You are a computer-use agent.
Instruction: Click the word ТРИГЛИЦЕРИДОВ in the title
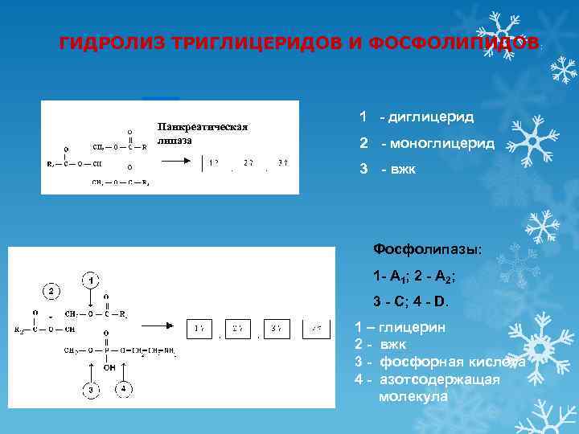255,43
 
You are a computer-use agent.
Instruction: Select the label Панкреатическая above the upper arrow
203,127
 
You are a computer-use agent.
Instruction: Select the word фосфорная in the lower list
417,362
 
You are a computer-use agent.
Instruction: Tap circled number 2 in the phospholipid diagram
50,290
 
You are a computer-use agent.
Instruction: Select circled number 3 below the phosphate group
92,390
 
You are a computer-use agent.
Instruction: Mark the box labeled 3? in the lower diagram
275,329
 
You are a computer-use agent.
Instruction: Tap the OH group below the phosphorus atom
109,367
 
